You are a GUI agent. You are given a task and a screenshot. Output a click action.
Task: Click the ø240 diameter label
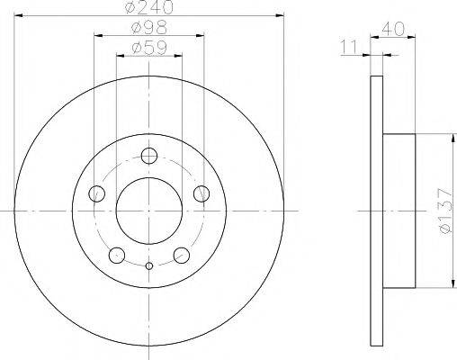pyautogui.click(x=148, y=8)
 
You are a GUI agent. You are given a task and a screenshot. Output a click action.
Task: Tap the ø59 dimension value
pyautogui.click(x=148, y=48)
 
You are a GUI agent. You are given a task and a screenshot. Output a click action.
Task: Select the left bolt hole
pyautogui.click(x=96, y=192)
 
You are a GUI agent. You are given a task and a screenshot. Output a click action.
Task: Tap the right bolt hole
pyautogui.click(x=202, y=192)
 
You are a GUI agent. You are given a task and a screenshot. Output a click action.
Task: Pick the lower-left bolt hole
pyautogui.click(x=116, y=255)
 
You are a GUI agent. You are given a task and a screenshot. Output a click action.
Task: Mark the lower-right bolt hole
pyautogui.click(x=181, y=255)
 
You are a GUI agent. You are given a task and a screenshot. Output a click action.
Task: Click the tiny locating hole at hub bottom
pyautogui.click(x=148, y=265)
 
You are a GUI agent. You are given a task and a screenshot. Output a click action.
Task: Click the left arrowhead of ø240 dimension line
pyautogui.click(x=18, y=16)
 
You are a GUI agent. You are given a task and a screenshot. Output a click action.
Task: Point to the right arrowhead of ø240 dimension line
pyautogui.click(x=280, y=16)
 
